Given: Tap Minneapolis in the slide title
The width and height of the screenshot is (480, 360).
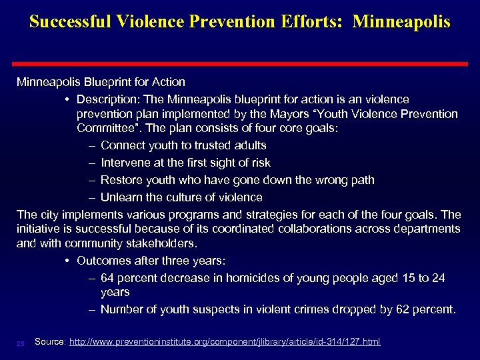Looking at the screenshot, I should [401, 21].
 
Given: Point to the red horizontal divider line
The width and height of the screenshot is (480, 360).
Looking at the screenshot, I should [240, 58].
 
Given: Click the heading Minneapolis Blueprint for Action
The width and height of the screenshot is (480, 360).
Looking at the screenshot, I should [101, 82].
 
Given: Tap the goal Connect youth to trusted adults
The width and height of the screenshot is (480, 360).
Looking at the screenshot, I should [183, 145].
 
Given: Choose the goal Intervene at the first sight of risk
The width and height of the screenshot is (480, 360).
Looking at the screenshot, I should [185, 163].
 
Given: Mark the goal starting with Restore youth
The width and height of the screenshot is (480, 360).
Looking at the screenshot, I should [237, 180].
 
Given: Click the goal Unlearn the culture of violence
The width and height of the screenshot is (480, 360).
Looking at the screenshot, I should [181, 197].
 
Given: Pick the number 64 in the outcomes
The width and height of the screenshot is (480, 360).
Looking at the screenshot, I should [108, 277].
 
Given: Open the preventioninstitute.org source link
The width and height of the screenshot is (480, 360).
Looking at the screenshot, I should [225, 342].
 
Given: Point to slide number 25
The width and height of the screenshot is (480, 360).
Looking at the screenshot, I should [21, 343].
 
